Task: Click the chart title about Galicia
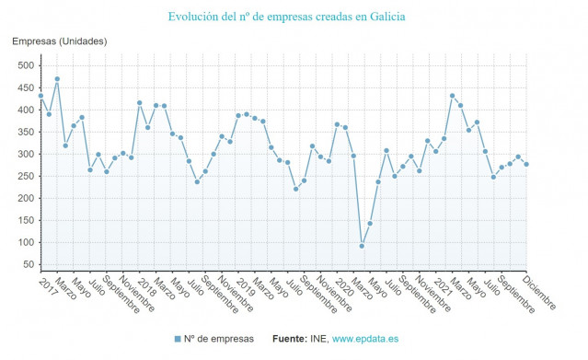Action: [286, 17]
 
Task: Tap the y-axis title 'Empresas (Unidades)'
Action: [59, 41]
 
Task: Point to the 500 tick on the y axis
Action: [25, 65]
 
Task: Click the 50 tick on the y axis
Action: [28, 264]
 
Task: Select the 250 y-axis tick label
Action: [25, 176]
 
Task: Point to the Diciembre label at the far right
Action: [538, 293]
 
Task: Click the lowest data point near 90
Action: [362, 246]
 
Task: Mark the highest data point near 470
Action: [57, 79]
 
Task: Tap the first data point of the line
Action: [40, 96]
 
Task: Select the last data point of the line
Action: [526, 164]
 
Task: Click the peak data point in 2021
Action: [452, 96]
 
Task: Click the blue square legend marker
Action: [177, 340]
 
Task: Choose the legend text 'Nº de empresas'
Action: [218, 340]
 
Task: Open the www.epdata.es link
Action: [367, 340]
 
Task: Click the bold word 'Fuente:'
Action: [289, 340]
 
